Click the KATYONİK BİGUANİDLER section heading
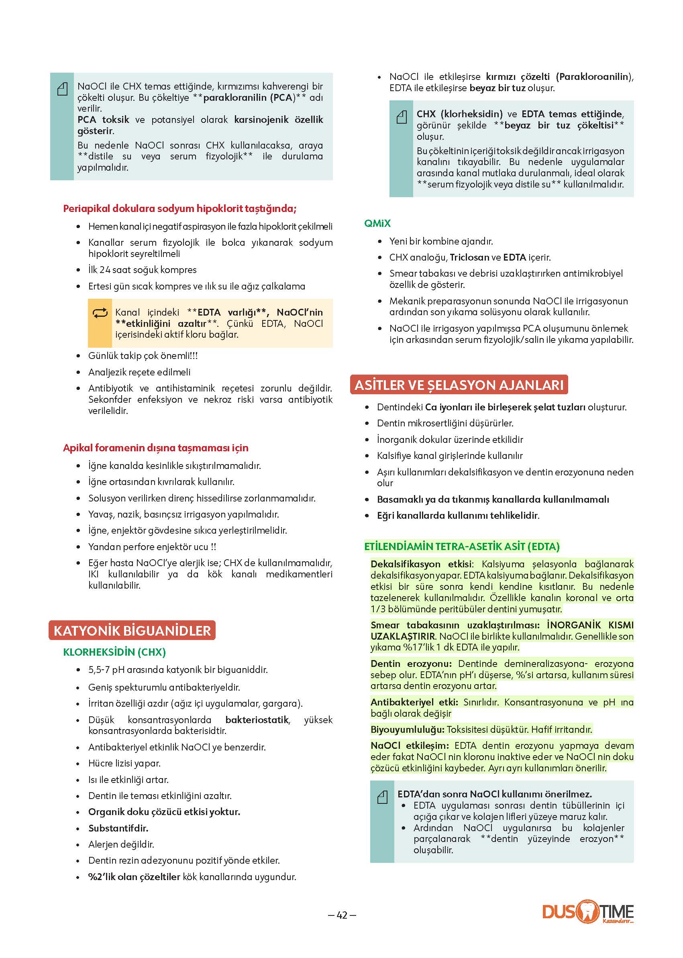click(x=132, y=630)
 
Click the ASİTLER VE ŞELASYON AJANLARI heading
click(x=459, y=385)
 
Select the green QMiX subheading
click(x=377, y=223)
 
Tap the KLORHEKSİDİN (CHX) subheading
click(x=114, y=652)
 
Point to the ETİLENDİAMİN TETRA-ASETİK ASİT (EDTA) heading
click(x=462, y=546)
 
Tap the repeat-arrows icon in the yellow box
click(x=100, y=313)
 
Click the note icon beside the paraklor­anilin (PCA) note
click(x=62, y=89)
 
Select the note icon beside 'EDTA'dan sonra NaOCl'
click(x=382, y=797)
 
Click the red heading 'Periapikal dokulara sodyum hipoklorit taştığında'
click(x=180, y=209)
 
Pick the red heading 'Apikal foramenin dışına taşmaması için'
click(x=156, y=448)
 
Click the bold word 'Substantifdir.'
click(x=118, y=828)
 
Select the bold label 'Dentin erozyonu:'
click(x=411, y=664)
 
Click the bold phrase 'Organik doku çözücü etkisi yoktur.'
click(x=164, y=812)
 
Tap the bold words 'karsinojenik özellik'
click(x=278, y=120)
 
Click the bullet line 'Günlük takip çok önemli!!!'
click(x=143, y=356)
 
